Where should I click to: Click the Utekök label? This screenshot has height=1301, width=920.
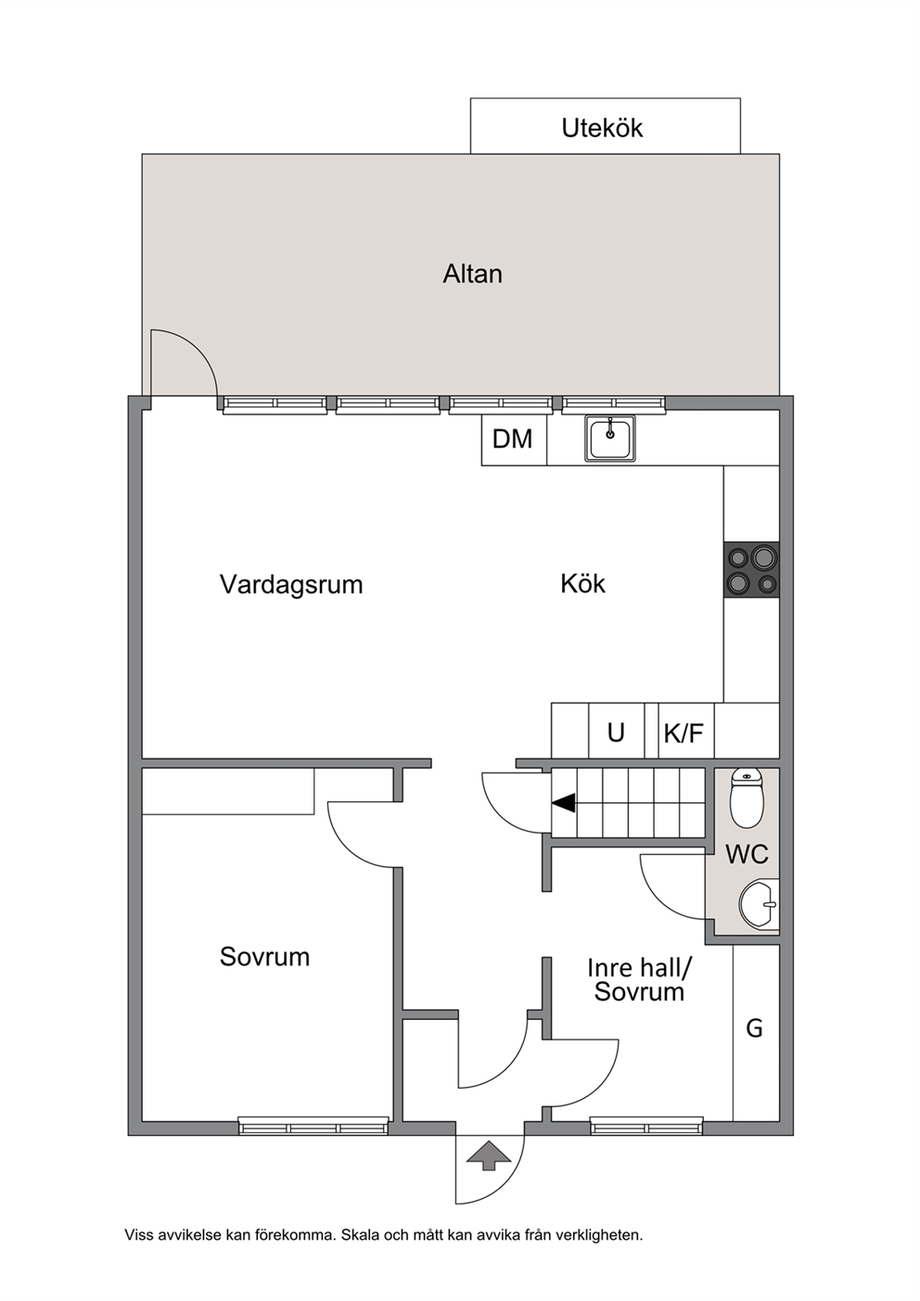point(602,128)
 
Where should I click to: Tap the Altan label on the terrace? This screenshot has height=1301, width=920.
point(472,274)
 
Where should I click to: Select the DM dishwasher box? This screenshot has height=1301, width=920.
point(514,440)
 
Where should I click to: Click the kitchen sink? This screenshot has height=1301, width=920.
point(610,439)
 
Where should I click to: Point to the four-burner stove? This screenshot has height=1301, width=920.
point(751,569)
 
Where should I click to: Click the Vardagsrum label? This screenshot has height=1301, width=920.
point(291,584)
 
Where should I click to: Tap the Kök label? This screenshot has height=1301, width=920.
point(582,583)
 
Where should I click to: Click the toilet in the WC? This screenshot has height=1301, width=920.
point(747,798)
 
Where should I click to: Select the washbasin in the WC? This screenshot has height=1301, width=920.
point(759,904)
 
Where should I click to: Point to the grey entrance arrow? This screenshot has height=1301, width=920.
point(489,1154)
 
